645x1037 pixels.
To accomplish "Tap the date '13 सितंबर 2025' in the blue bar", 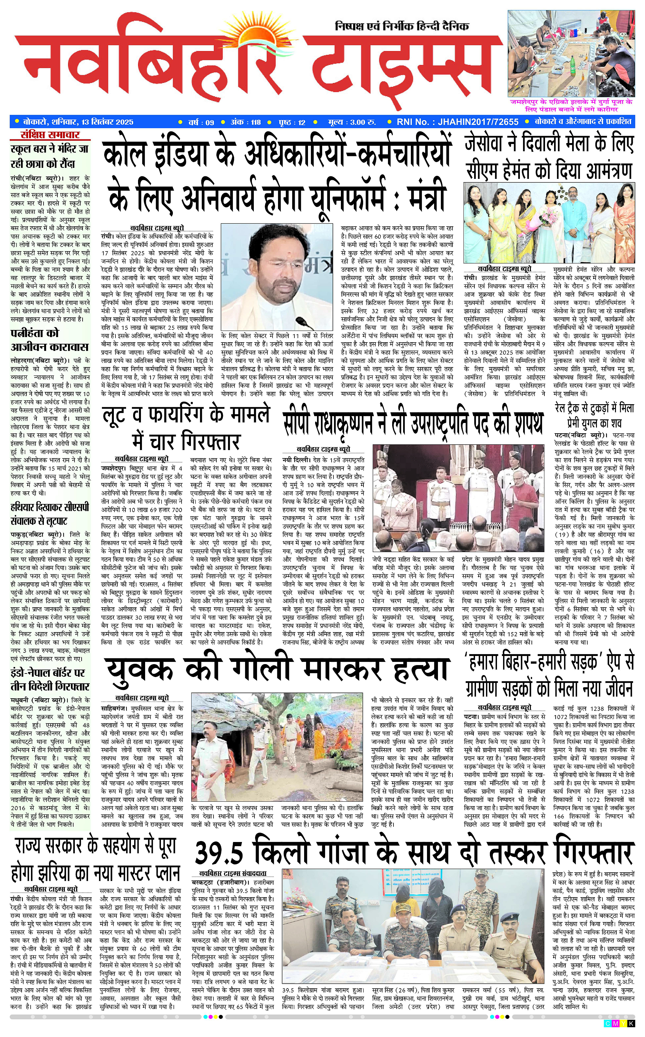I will click(x=107, y=122).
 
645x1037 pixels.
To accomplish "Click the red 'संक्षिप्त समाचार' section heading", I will click(x=50, y=135).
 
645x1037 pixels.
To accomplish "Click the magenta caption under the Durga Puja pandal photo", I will click(x=571, y=106).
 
